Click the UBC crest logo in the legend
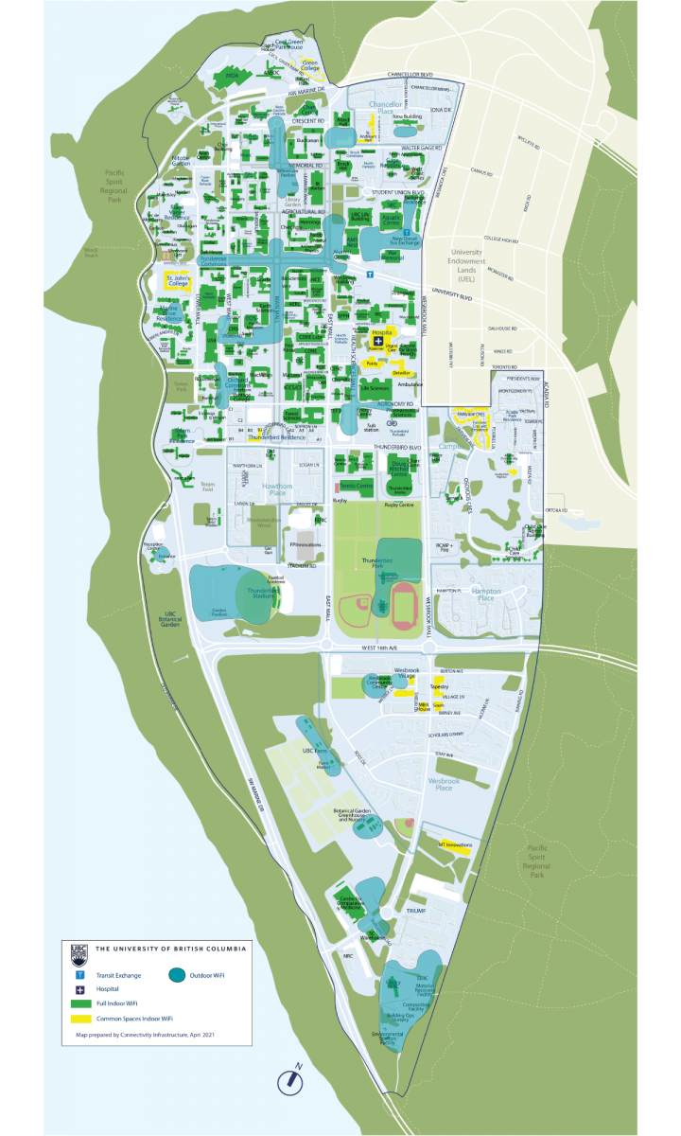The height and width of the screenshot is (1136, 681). point(79,950)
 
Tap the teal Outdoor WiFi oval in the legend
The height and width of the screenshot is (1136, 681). point(177,974)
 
